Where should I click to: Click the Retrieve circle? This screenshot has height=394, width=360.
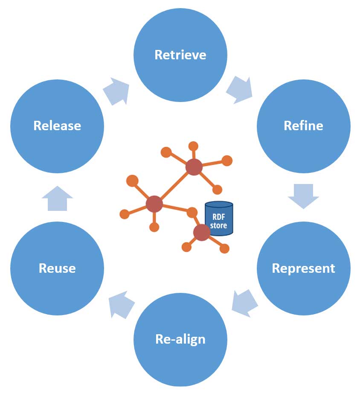tap(180, 68)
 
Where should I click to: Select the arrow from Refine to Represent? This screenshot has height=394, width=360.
tap(303, 196)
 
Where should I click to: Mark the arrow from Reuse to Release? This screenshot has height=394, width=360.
tap(57, 198)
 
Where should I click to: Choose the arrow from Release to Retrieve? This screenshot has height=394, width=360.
tap(116, 91)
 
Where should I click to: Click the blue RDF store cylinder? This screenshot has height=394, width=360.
tap(219, 219)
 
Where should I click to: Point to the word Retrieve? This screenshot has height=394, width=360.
tap(180, 55)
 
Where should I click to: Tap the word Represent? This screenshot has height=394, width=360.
tap(303, 268)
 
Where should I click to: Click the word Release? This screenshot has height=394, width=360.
tap(57, 126)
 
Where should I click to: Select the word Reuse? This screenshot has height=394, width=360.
tap(57, 268)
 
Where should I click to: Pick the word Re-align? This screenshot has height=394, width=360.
tap(180, 339)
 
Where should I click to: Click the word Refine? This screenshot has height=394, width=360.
tap(303, 126)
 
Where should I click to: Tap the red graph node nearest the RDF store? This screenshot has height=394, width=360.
tap(201, 232)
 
